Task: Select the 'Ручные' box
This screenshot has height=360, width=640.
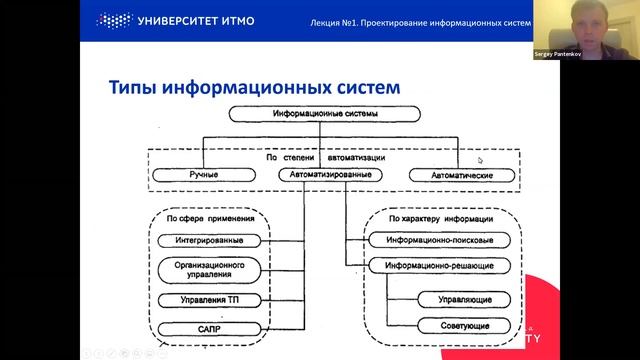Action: pos(204,175)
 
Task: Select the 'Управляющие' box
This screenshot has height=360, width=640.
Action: pos(457,299)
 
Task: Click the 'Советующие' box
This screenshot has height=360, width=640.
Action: pos(457,326)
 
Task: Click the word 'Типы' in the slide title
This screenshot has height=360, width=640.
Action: pos(134,89)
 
